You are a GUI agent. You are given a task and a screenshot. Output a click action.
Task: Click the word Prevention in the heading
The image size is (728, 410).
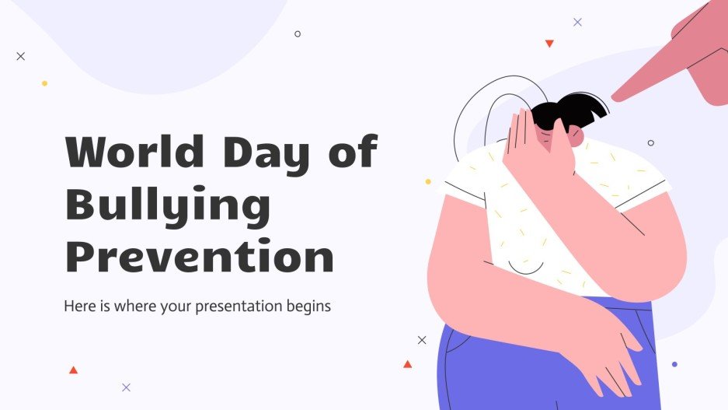coord(199,258)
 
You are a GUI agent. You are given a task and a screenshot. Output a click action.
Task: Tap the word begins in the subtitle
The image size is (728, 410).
coord(308,307)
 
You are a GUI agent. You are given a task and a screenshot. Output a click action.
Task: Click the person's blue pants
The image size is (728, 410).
coord(497,366)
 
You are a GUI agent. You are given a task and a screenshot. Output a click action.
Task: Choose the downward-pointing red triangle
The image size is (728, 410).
coord(549,44)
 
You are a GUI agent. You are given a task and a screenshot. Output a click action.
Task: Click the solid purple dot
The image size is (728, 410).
coord(674,364)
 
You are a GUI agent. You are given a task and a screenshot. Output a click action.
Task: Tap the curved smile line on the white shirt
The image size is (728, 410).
coord(526,268)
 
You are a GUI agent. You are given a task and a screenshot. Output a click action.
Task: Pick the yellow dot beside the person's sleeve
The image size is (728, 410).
coord(428,181)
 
